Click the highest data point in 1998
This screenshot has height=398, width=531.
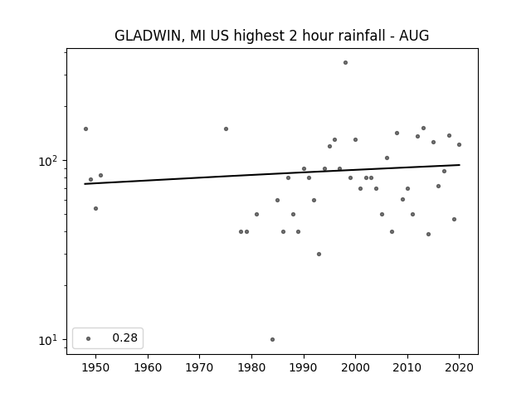click(x=345, y=63)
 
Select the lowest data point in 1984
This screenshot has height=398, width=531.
click(x=273, y=339)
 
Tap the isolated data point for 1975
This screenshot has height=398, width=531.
click(x=226, y=129)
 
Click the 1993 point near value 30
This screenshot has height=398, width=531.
click(x=319, y=255)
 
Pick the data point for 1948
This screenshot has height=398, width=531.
click(x=85, y=129)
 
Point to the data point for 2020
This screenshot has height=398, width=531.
click(x=459, y=145)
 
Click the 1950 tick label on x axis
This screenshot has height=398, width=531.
click(x=96, y=367)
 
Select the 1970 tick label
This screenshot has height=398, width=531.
click(x=199, y=367)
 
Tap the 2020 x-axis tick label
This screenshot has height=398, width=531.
click(x=459, y=367)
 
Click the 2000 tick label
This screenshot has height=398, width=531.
click(x=355, y=367)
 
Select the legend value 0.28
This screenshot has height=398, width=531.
click(x=125, y=337)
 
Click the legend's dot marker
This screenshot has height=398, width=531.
click(x=89, y=338)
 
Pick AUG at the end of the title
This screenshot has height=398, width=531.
click(x=414, y=36)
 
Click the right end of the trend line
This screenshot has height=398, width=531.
click(x=460, y=165)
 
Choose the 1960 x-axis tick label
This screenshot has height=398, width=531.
click(x=148, y=367)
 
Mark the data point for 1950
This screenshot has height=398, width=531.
click(x=96, y=208)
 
